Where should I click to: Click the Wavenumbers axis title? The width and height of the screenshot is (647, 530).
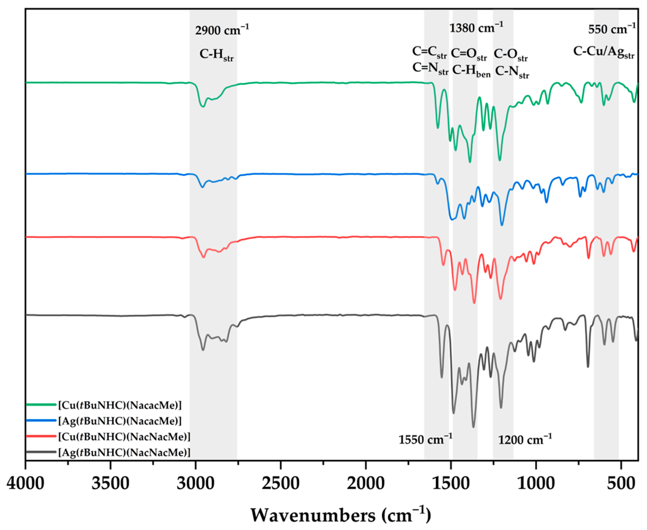341,515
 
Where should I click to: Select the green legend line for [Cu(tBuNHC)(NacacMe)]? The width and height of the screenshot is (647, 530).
41,405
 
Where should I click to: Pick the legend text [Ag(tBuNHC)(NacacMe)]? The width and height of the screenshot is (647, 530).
120,421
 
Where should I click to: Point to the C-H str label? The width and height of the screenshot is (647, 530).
216,55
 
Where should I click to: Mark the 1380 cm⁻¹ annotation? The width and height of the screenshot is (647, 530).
476,28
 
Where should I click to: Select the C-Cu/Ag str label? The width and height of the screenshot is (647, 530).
603,52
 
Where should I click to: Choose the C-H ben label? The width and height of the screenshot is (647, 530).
471,71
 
